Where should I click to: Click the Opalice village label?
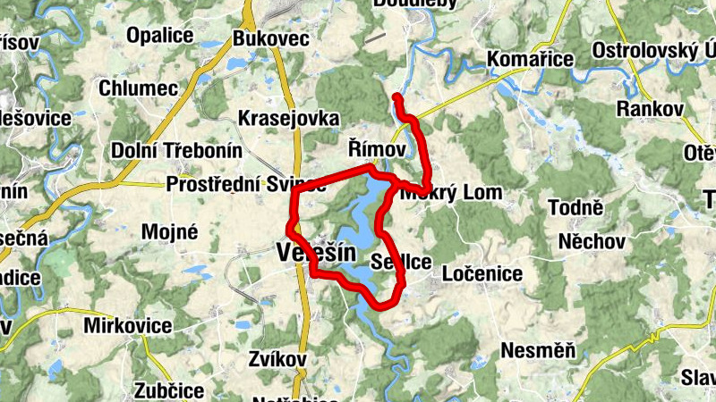coord(161,36)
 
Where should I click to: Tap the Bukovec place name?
coord(270,39)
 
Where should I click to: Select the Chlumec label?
coord(139,88)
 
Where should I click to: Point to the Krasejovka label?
coord(289,119)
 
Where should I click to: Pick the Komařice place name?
coord(530,60)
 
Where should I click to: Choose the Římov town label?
coord(377,148)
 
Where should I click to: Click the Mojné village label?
coord(169,231)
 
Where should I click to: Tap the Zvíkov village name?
coord(277,359)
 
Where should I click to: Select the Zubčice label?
coord(169,390)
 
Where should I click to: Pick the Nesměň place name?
coord(538,349)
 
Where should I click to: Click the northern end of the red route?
coord(396,95)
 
